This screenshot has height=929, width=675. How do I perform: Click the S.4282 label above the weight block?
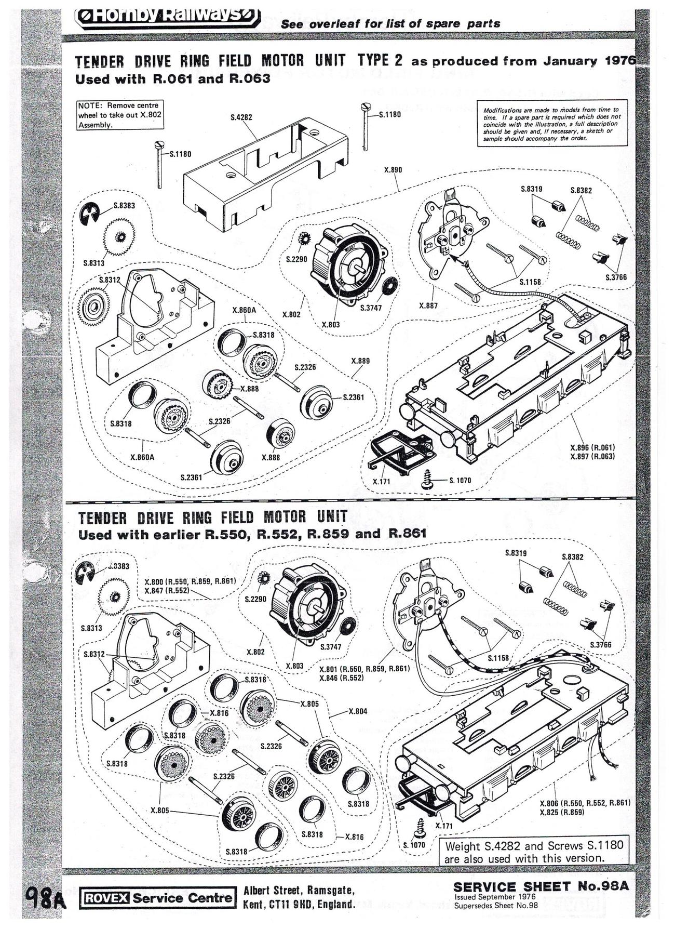tap(241, 117)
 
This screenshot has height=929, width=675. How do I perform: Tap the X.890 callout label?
tap(393, 170)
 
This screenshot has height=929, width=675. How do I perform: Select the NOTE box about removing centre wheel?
tap(120, 115)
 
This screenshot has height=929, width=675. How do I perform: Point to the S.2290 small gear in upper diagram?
tap(304, 240)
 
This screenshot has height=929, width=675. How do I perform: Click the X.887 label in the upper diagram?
tap(428, 306)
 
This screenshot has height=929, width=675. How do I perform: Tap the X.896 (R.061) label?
tap(592, 447)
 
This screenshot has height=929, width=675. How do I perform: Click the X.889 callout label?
tap(360, 361)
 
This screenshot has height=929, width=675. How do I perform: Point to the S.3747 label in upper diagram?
tap(371, 308)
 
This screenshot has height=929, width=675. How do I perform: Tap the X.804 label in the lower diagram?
tap(358, 711)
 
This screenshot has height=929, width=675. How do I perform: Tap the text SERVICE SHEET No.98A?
tap(541, 887)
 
